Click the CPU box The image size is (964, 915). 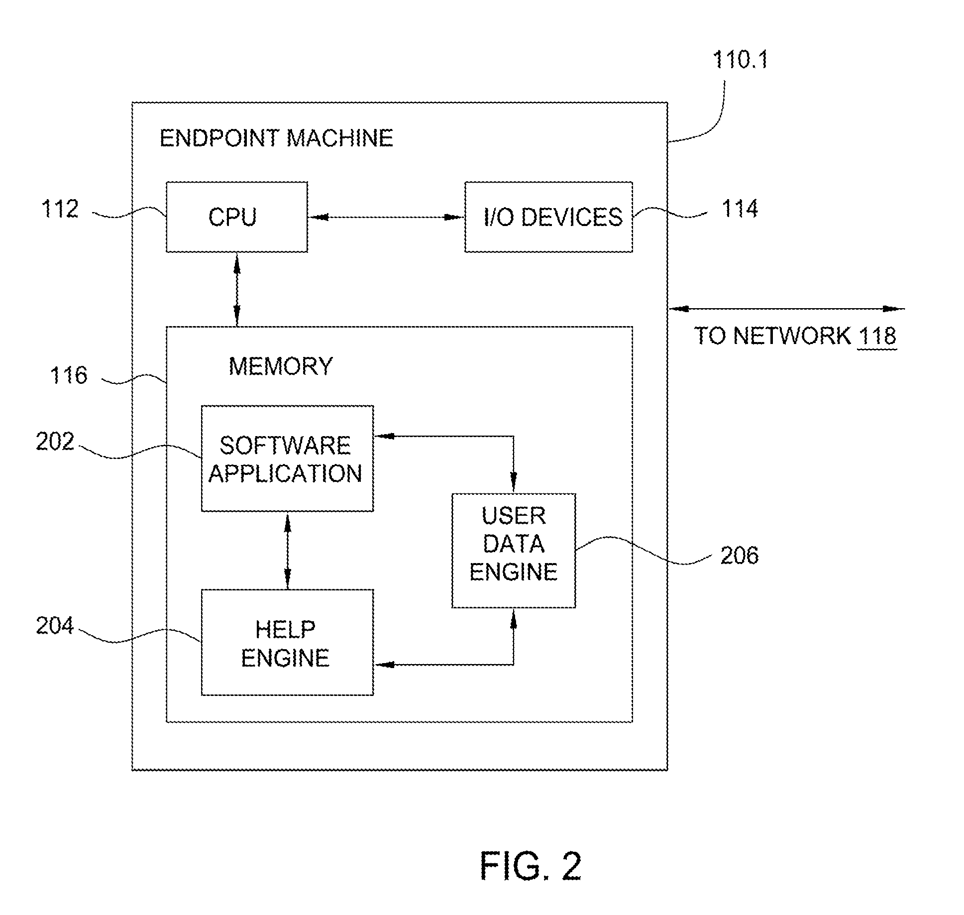point(236,217)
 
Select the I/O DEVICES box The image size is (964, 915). point(548,217)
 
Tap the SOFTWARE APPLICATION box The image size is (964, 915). point(287,458)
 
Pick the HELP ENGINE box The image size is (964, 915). point(287,642)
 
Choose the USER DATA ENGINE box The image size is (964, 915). point(514,551)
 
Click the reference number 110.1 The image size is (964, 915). point(740,60)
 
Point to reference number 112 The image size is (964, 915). point(60,209)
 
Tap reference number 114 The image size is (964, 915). point(740,209)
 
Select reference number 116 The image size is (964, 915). point(69,375)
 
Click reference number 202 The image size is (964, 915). point(55,442)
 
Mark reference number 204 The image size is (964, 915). point(55,626)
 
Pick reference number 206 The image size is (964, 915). point(740,555)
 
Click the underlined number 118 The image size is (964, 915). point(877,336)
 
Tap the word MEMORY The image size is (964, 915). point(281,366)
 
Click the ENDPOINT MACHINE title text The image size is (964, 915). point(276,138)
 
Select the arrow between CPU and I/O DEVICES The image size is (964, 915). point(386,217)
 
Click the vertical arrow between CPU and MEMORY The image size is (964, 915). point(237,289)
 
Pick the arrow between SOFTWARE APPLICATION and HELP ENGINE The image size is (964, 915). point(287,551)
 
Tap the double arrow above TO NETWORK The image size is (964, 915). point(786,309)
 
